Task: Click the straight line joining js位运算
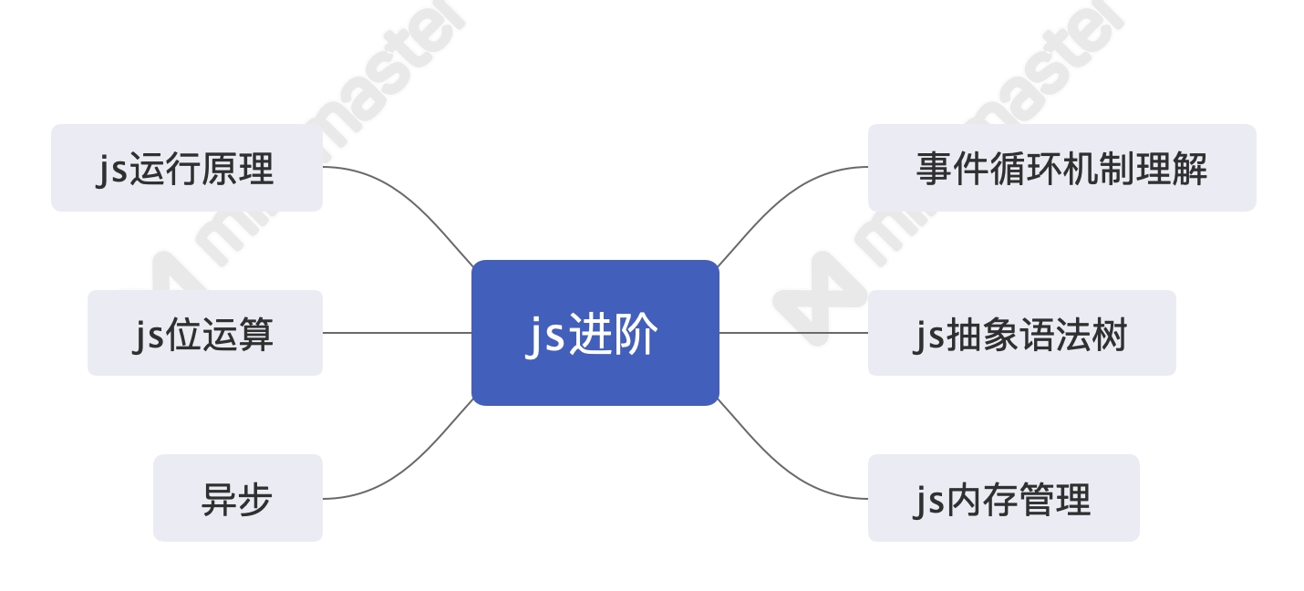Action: point(397,333)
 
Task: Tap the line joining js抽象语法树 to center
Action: point(793,333)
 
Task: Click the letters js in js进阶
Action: point(545,336)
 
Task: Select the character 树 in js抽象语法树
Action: point(1111,335)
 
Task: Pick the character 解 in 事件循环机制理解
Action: point(1191,170)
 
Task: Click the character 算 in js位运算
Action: point(255,335)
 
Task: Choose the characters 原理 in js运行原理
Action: point(239,170)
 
